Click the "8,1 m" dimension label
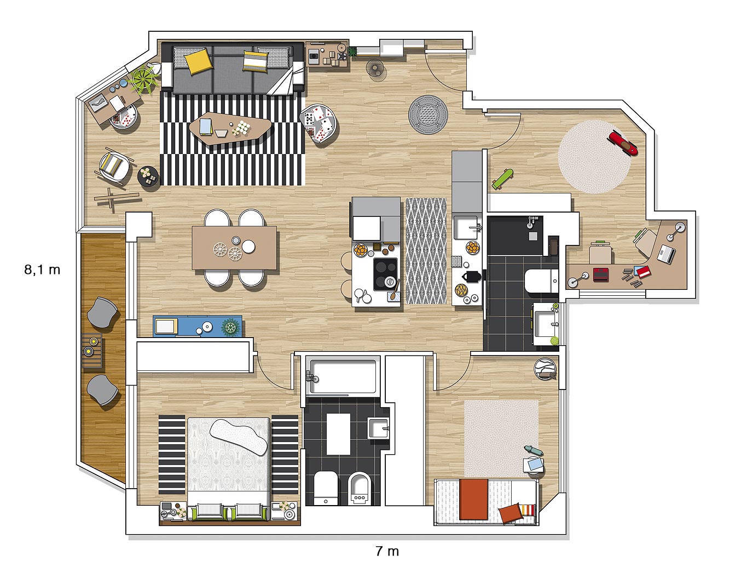coord(42,270)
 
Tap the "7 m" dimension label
coord(387,551)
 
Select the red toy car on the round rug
coord(623,143)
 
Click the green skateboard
coord(502,179)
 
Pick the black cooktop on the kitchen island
coord(386,274)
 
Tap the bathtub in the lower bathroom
coord(343,376)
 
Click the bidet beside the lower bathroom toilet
coord(360,489)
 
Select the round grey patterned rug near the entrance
coord(428,115)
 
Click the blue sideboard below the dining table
coord(198,326)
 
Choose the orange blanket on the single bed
coord(473,499)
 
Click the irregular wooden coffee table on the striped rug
coord(230,128)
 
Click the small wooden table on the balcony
coord(92,351)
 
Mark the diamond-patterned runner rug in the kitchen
coord(426,251)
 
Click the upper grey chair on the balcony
coord(102,312)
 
